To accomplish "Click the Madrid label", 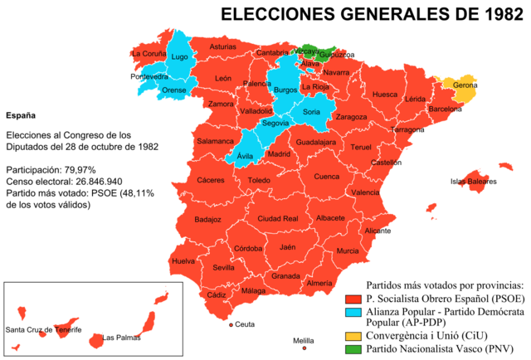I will (280, 153).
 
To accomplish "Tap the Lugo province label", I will (179, 57).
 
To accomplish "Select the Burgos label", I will (285, 90).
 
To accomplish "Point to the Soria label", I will (311, 111).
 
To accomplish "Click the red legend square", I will (353, 299).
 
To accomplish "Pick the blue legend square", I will (353, 313).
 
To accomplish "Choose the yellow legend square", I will (353, 336).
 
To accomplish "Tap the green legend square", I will (353, 348).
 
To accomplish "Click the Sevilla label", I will (223, 268).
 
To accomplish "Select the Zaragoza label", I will (351, 117).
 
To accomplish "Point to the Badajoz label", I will (207, 220).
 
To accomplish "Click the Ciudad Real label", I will (278, 219).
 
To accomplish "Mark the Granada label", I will (285, 275).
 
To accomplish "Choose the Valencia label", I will (365, 192).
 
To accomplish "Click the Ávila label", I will (245, 156).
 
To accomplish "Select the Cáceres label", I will (210, 180).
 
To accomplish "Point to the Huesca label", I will (385, 95).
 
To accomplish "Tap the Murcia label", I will (348, 251).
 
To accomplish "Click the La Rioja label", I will (315, 87).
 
